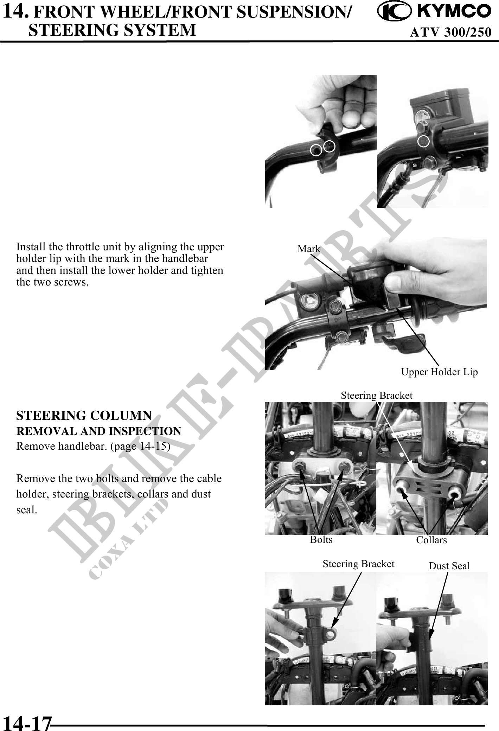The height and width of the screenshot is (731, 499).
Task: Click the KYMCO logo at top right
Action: click(434, 12)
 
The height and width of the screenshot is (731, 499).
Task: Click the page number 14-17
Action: click(27, 723)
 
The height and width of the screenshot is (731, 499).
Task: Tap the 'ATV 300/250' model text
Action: click(450, 32)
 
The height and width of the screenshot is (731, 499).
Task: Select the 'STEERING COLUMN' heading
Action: click(84, 416)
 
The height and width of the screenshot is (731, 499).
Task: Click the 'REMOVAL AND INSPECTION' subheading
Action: click(99, 431)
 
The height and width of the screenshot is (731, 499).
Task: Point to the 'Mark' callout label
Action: click(309, 249)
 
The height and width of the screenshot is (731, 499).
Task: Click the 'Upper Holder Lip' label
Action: click(440, 372)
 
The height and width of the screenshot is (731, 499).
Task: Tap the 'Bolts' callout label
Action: click(321, 539)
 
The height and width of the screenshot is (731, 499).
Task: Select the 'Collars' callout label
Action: click(431, 540)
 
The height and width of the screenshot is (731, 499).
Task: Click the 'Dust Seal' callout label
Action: click(449, 566)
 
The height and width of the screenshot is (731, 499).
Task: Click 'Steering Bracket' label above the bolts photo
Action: click(377, 396)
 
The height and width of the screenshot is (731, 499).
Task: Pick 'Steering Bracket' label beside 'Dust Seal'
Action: click(358, 564)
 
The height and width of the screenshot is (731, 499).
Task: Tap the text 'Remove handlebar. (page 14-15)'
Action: click(94, 446)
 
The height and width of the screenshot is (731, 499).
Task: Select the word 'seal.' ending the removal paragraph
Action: click(27, 509)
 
